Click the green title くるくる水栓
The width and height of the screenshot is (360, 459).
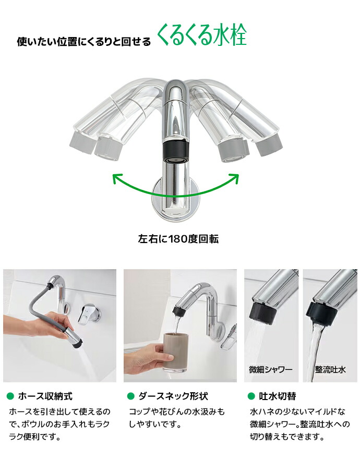(202, 35)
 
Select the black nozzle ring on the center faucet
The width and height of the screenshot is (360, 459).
(175, 152)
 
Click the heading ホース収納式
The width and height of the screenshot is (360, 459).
(45, 396)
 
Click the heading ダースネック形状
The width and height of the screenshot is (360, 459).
(173, 396)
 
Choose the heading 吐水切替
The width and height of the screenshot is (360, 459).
(278, 396)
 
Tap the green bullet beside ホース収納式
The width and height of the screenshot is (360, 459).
(10, 396)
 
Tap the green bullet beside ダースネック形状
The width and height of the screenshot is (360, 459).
(130, 396)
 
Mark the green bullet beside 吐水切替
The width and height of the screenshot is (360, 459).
(251, 396)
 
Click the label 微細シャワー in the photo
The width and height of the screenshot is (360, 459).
(271, 369)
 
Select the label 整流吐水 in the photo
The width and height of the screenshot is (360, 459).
(330, 369)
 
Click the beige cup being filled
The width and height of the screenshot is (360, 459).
(175, 352)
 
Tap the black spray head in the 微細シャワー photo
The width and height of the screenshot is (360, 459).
(263, 313)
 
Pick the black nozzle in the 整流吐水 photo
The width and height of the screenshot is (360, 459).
(320, 314)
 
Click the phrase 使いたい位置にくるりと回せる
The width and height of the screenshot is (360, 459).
(84, 42)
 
